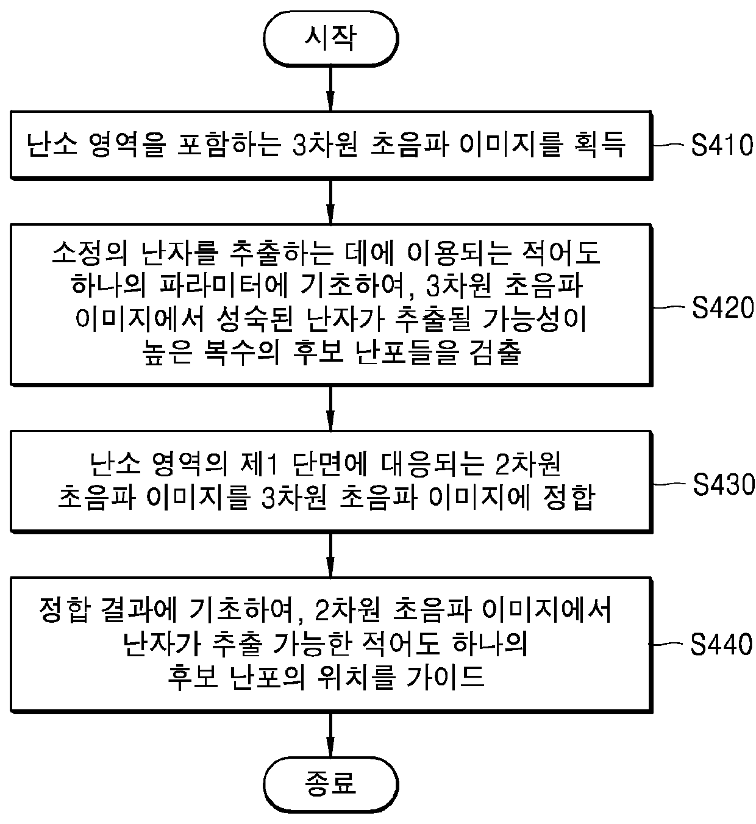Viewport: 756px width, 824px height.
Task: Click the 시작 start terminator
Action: [330, 39]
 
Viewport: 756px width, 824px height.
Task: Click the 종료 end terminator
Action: [330, 783]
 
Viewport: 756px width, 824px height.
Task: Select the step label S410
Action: [722, 146]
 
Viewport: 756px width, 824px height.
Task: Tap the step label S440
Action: [722, 645]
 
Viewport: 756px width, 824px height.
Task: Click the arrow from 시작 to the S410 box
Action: [330, 88]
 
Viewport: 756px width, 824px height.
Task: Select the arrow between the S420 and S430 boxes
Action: [330, 408]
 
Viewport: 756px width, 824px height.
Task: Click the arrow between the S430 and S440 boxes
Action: [330, 554]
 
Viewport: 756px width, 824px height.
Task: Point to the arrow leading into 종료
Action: [330, 733]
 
